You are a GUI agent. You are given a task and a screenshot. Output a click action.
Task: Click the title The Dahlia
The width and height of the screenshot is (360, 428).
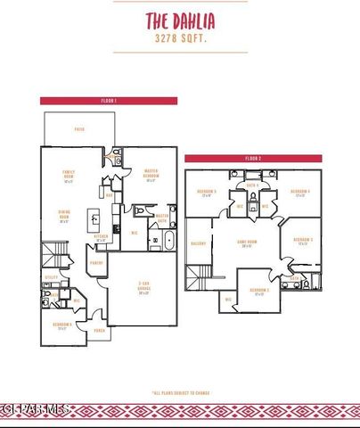[180, 21]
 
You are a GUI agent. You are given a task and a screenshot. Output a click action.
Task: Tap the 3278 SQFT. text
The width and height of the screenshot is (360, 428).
[180, 39]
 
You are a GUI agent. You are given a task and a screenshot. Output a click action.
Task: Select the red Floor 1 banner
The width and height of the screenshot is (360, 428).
[109, 101]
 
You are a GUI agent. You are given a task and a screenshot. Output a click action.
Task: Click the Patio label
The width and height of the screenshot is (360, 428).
[79, 128]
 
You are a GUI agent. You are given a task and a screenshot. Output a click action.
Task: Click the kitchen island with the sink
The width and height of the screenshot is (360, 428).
[94, 218]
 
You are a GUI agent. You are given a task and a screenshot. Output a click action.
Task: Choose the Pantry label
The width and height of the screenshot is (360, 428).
[95, 263]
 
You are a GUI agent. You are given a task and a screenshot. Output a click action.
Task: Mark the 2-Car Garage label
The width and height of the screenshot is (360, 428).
[143, 289]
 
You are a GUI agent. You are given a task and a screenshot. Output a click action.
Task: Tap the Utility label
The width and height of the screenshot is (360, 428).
[51, 277]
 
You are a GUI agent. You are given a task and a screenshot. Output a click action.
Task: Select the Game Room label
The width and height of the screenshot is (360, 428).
[247, 244]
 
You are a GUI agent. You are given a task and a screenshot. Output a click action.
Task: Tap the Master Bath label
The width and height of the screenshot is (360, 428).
[162, 217]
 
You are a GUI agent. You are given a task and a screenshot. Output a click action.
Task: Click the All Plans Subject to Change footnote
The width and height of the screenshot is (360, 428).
[181, 391]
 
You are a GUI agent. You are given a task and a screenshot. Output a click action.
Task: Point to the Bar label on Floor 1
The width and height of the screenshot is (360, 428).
[109, 195]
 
